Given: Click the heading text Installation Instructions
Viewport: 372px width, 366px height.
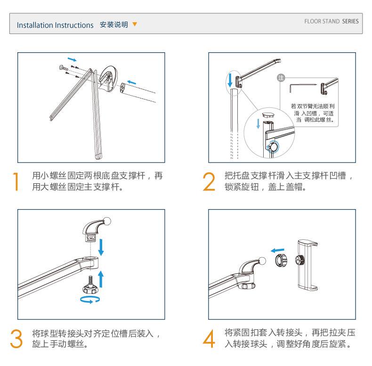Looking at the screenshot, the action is click(x=55, y=25).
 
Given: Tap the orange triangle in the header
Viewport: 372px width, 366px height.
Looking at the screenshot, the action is click(x=135, y=24).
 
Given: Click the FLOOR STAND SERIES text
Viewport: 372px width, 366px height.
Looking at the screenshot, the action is click(x=332, y=21).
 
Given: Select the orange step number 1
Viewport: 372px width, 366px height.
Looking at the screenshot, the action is click(x=16, y=181).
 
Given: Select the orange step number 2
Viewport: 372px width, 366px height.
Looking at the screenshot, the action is click(x=209, y=181).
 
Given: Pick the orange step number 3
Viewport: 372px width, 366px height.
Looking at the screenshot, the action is click(x=16, y=339).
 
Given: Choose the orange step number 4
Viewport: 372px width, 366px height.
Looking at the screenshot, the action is click(x=209, y=339).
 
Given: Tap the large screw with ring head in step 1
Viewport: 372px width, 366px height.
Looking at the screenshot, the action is click(x=64, y=68).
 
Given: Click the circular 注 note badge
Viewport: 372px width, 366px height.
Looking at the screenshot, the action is click(x=281, y=78).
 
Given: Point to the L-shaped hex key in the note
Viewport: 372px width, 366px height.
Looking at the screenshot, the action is click(x=303, y=87).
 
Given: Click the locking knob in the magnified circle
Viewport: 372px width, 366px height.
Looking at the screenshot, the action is click(x=273, y=147).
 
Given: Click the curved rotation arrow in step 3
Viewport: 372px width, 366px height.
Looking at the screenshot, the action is click(x=89, y=300).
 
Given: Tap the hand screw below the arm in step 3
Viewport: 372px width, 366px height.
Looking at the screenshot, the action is click(x=89, y=285).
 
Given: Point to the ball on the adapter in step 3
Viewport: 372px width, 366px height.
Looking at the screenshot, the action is click(x=107, y=221).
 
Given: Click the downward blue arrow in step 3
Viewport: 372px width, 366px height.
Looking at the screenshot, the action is click(x=101, y=247).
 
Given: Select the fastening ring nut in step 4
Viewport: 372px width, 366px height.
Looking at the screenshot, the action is click(x=281, y=260).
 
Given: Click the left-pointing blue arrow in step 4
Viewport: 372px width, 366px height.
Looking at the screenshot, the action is click(x=277, y=251).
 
